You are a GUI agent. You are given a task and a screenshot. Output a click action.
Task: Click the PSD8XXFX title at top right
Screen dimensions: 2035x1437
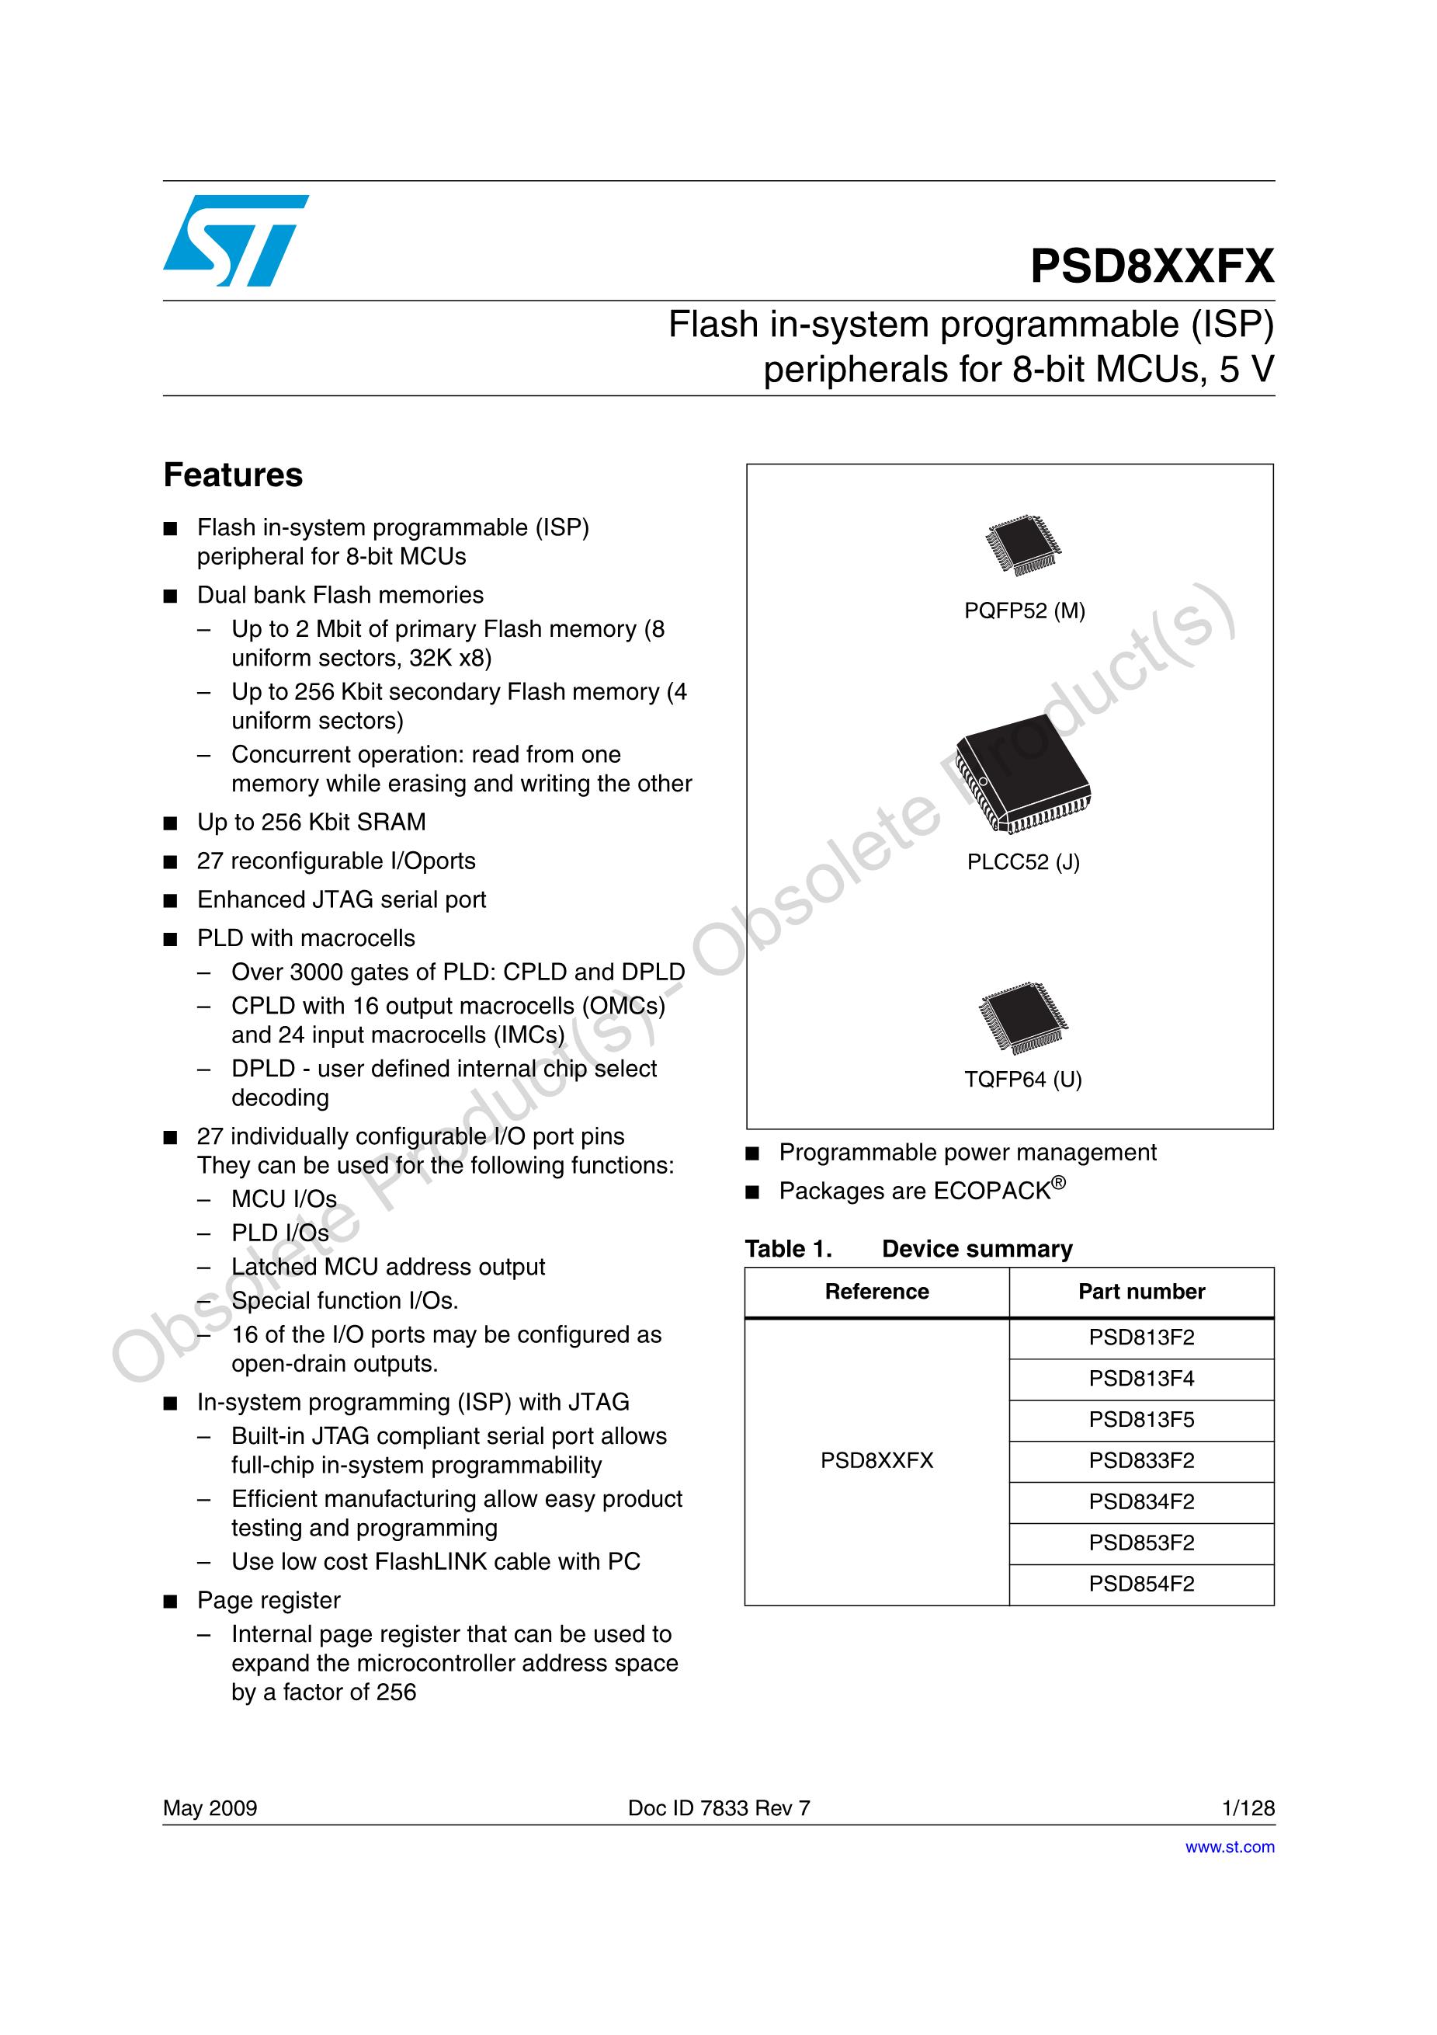click(x=1152, y=266)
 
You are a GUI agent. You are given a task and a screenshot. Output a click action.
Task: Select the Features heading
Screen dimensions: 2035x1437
click(x=233, y=475)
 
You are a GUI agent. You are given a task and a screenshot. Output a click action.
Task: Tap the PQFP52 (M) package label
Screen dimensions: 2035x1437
click(x=1024, y=610)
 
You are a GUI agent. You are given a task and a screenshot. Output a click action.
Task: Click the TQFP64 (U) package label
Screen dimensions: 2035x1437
click(x=1023, y=1080)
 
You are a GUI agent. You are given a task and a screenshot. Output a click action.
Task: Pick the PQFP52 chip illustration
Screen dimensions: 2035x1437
click(x=1023, y=544)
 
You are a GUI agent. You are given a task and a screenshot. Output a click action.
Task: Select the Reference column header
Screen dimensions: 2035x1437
click(x=876, y=1292)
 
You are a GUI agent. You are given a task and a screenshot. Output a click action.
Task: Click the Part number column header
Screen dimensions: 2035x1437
click(x=1141, y=1292)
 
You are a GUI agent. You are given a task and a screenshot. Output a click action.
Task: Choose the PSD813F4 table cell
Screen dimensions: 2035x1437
click(x=1141, y=1379)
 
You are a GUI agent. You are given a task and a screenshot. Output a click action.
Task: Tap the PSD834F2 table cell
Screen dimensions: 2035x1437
click(x=1141, y=1502)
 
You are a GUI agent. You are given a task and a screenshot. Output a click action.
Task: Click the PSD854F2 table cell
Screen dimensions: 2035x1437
click(x=1141, y=1584)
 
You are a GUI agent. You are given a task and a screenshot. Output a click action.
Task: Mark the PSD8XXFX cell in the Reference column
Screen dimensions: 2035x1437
click(x=876, y=1461)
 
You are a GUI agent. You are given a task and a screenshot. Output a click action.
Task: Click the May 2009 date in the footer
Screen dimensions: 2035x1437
click(x=210, y=1808)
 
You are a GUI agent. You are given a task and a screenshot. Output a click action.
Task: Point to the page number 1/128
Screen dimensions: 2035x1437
click(x=1248, y=1808)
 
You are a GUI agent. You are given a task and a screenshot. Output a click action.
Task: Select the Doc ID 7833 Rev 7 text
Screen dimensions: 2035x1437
click(x=719, y=1808)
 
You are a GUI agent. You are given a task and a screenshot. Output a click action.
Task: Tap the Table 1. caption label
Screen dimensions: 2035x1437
click(x=789, y=1249)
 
